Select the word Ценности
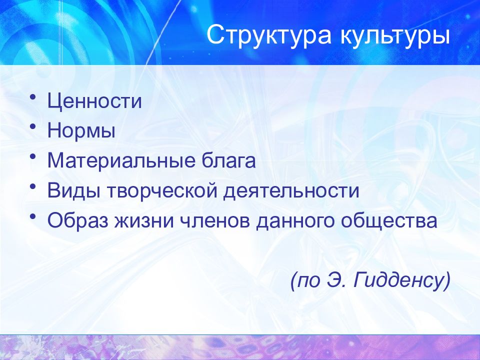pos(95,101)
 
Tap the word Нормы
pos(82,131)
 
